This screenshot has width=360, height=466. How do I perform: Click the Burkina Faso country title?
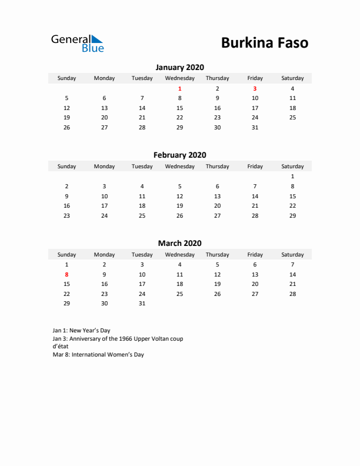[x=264, y=43]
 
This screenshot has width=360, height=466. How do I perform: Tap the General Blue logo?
[x=77, y=43]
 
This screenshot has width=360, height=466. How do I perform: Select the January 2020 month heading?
[x=179, y=67]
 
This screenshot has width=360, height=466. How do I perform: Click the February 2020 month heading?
[x=179, y=155]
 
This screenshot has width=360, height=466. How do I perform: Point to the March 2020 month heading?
[x=179, y=243]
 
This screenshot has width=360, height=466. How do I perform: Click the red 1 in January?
[x=179, y=88]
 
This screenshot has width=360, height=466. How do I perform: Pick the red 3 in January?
[x=255, y=88]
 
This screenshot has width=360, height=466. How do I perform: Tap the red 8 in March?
[x=66, y=274]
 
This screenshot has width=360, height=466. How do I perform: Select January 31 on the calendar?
[x=255, y=128]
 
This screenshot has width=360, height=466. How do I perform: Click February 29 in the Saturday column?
[x=292, y=216]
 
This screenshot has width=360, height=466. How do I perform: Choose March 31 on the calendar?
[x=142, y=304]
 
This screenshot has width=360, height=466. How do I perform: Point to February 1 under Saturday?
[x=292, y=177]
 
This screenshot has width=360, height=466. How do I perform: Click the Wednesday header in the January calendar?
[x=179, y=78]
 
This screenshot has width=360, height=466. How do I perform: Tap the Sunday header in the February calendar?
[x=66, y=167]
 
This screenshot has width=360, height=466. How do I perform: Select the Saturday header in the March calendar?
[x=292, y=255]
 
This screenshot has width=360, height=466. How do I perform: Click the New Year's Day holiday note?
[x=81, y=331]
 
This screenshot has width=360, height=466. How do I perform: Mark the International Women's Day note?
[x=98, y=355]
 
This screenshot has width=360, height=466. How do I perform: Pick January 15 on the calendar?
[x=179, y=108]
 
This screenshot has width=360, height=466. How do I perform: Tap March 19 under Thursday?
[x=217, y=284]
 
